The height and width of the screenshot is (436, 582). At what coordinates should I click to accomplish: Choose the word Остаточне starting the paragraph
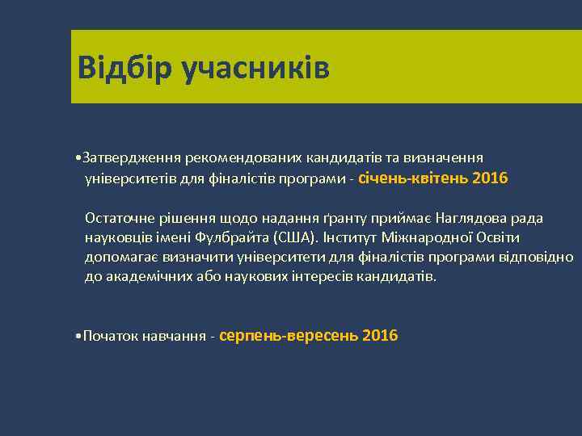tap(119, 218)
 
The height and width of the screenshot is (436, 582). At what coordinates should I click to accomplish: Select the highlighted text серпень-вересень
tap(289, 335)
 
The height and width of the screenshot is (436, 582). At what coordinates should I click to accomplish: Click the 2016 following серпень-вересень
tap(381, 335)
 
